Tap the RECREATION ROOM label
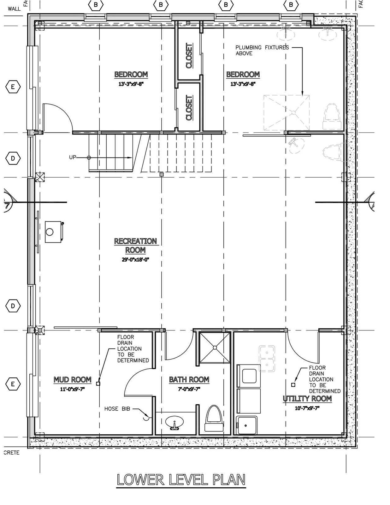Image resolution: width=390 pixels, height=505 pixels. click(x=135, y=246)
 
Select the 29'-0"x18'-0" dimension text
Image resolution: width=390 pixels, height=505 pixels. click(x=135, y=260)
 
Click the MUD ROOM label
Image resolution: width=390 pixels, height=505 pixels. click(x=72, y=380)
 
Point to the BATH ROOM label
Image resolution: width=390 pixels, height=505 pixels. click(x=189, y=380)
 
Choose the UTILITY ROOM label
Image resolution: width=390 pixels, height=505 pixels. click(x=307, y=399)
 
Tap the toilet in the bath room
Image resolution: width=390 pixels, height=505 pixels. click(x=214, y=419)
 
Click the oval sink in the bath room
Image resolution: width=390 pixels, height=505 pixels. click(x=174, y=422)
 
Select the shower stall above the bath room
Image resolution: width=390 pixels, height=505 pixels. click(x=215, y=348)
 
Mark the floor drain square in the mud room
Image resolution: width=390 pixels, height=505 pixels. click(x=98, y=384)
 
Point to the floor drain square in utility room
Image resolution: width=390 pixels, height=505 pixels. click(x=293, y=385)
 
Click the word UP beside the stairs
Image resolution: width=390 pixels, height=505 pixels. click(x=73, y=157)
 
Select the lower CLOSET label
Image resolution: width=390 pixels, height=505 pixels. click(x=189, y=108)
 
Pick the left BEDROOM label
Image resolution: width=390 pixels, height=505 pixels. click(x=131, y=74)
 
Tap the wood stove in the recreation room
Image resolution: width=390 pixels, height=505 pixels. click(x=53, y=232)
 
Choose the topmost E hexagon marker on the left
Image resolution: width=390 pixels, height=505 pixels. click(x=13, y=87)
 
